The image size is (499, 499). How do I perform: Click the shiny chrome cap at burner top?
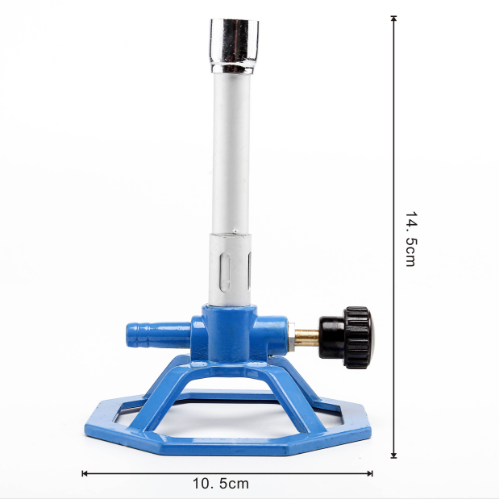tap(234, 46)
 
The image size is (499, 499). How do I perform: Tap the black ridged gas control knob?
tap(347, 337)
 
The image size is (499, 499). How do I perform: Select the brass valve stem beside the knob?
tap(306, 338)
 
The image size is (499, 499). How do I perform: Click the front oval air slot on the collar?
tap(225, 272)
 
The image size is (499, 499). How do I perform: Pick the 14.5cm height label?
tap(411, 239)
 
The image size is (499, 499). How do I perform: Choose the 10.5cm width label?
tap(221, 484)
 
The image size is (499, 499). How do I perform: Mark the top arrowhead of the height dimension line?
tap(393, 18)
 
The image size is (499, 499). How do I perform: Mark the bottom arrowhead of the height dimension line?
tap(393, 455)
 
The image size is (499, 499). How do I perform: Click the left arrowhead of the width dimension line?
tap(85, 473)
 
